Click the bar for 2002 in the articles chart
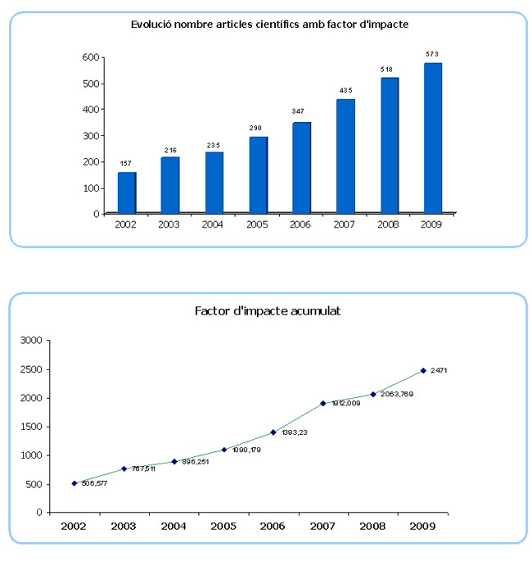point(127,192)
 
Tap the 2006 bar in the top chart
point(301,167)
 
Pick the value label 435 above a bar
point(345,90)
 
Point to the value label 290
point(257,129)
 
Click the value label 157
point(126,164)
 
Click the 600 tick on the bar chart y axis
point(91,57)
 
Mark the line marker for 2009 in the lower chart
point(423,370)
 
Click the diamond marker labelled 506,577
point(74,483)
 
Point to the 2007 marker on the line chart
point(323,403)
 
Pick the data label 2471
point(439,371)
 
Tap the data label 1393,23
point(294,432)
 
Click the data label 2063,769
point(398,395)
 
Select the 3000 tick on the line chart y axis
point(31,341)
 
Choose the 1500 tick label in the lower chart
point(31,427)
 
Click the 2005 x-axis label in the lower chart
point(223,526)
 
